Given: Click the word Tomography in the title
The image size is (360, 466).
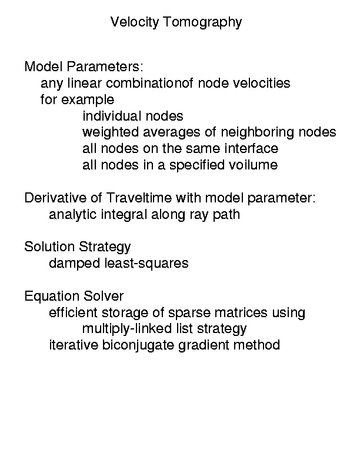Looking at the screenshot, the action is (x=202, y=22).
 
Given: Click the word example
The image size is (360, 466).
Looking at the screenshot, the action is (x=88, y=100).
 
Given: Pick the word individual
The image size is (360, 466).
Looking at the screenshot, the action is (x=112, y=116).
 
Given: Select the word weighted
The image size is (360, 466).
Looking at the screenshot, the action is (x=111, y=132).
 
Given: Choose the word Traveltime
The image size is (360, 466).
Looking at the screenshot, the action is (x=138, y=198).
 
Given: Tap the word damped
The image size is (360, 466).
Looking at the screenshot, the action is (x=75, y=264).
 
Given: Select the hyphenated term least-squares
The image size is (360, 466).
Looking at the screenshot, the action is (x=146, y=264).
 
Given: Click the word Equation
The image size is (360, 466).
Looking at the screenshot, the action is (x=52, y=296).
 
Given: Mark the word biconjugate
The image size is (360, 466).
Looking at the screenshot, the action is (x=138, y=345).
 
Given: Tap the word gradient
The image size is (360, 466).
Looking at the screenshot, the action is (x=204, y=345).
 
